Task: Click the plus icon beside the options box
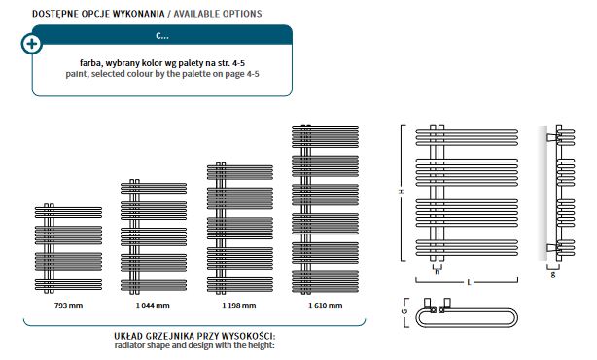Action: (32, 44)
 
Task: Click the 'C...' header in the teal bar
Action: (162, 35)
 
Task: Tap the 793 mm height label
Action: (68, 306)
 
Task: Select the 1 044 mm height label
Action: (153, 306)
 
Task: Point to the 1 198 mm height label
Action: (239, 306)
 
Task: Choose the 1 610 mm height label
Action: (326, 306)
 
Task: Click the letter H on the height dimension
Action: (401, 192)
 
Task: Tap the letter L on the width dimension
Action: (469, 282)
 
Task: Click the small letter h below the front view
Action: (438, 272)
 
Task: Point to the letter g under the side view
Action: (553, 274)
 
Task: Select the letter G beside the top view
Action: (404, 311)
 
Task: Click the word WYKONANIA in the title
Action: (139, 14)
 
